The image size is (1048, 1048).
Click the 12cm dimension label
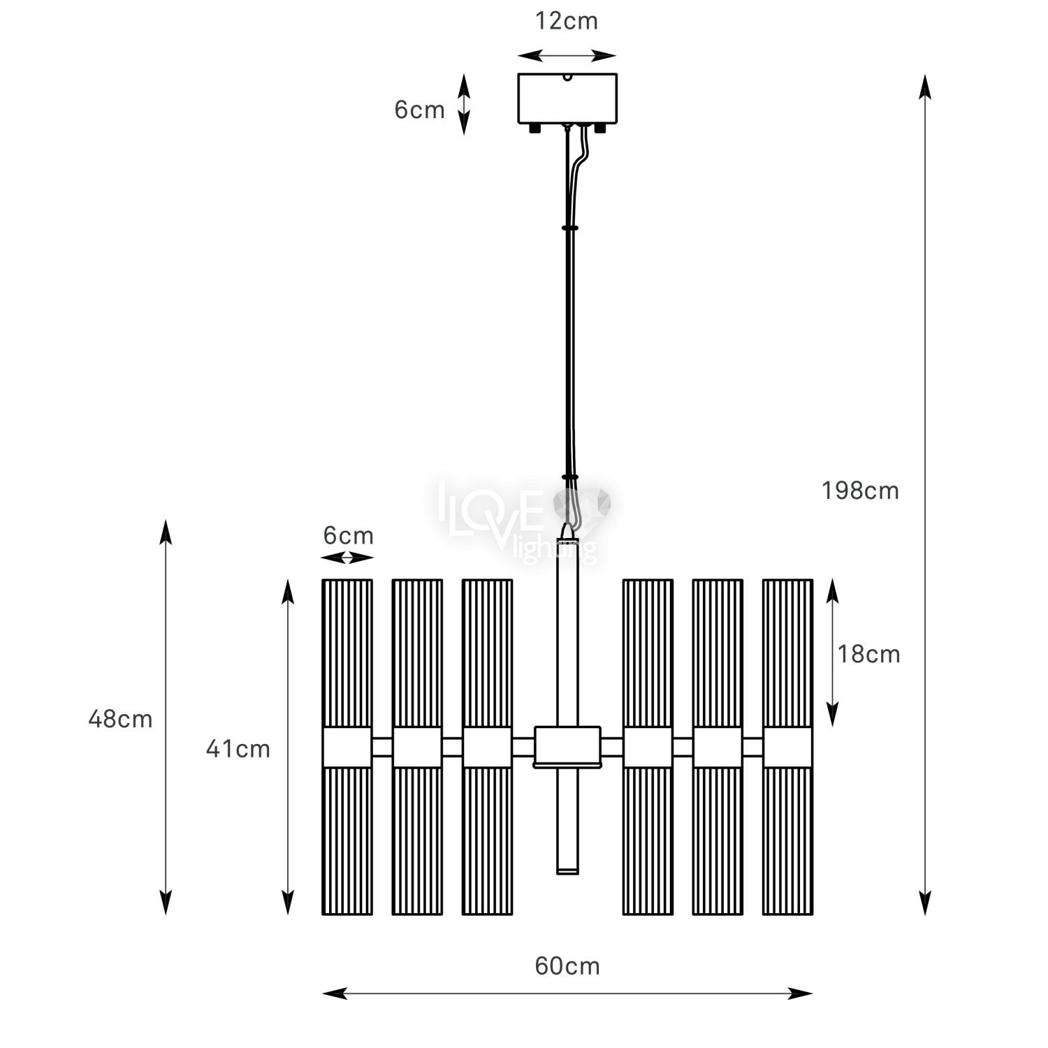point(567,21)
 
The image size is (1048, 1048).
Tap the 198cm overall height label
point(860,491)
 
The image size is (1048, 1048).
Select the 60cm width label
point(567,966)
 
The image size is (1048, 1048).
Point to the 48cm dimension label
point(120,719)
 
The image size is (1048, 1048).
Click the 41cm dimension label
point(238,749)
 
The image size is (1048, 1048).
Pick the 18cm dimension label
point(868,654)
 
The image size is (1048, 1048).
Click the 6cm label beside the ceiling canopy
point(419,110)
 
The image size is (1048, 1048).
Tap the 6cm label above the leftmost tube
point(348,536)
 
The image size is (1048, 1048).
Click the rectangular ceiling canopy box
point(567,98)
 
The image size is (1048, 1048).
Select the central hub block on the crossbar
point(567,746)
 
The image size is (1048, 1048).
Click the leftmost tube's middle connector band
point(347,748)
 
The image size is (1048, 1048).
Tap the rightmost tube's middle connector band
point(787,748)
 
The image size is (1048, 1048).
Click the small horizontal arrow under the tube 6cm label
point(347,558)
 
